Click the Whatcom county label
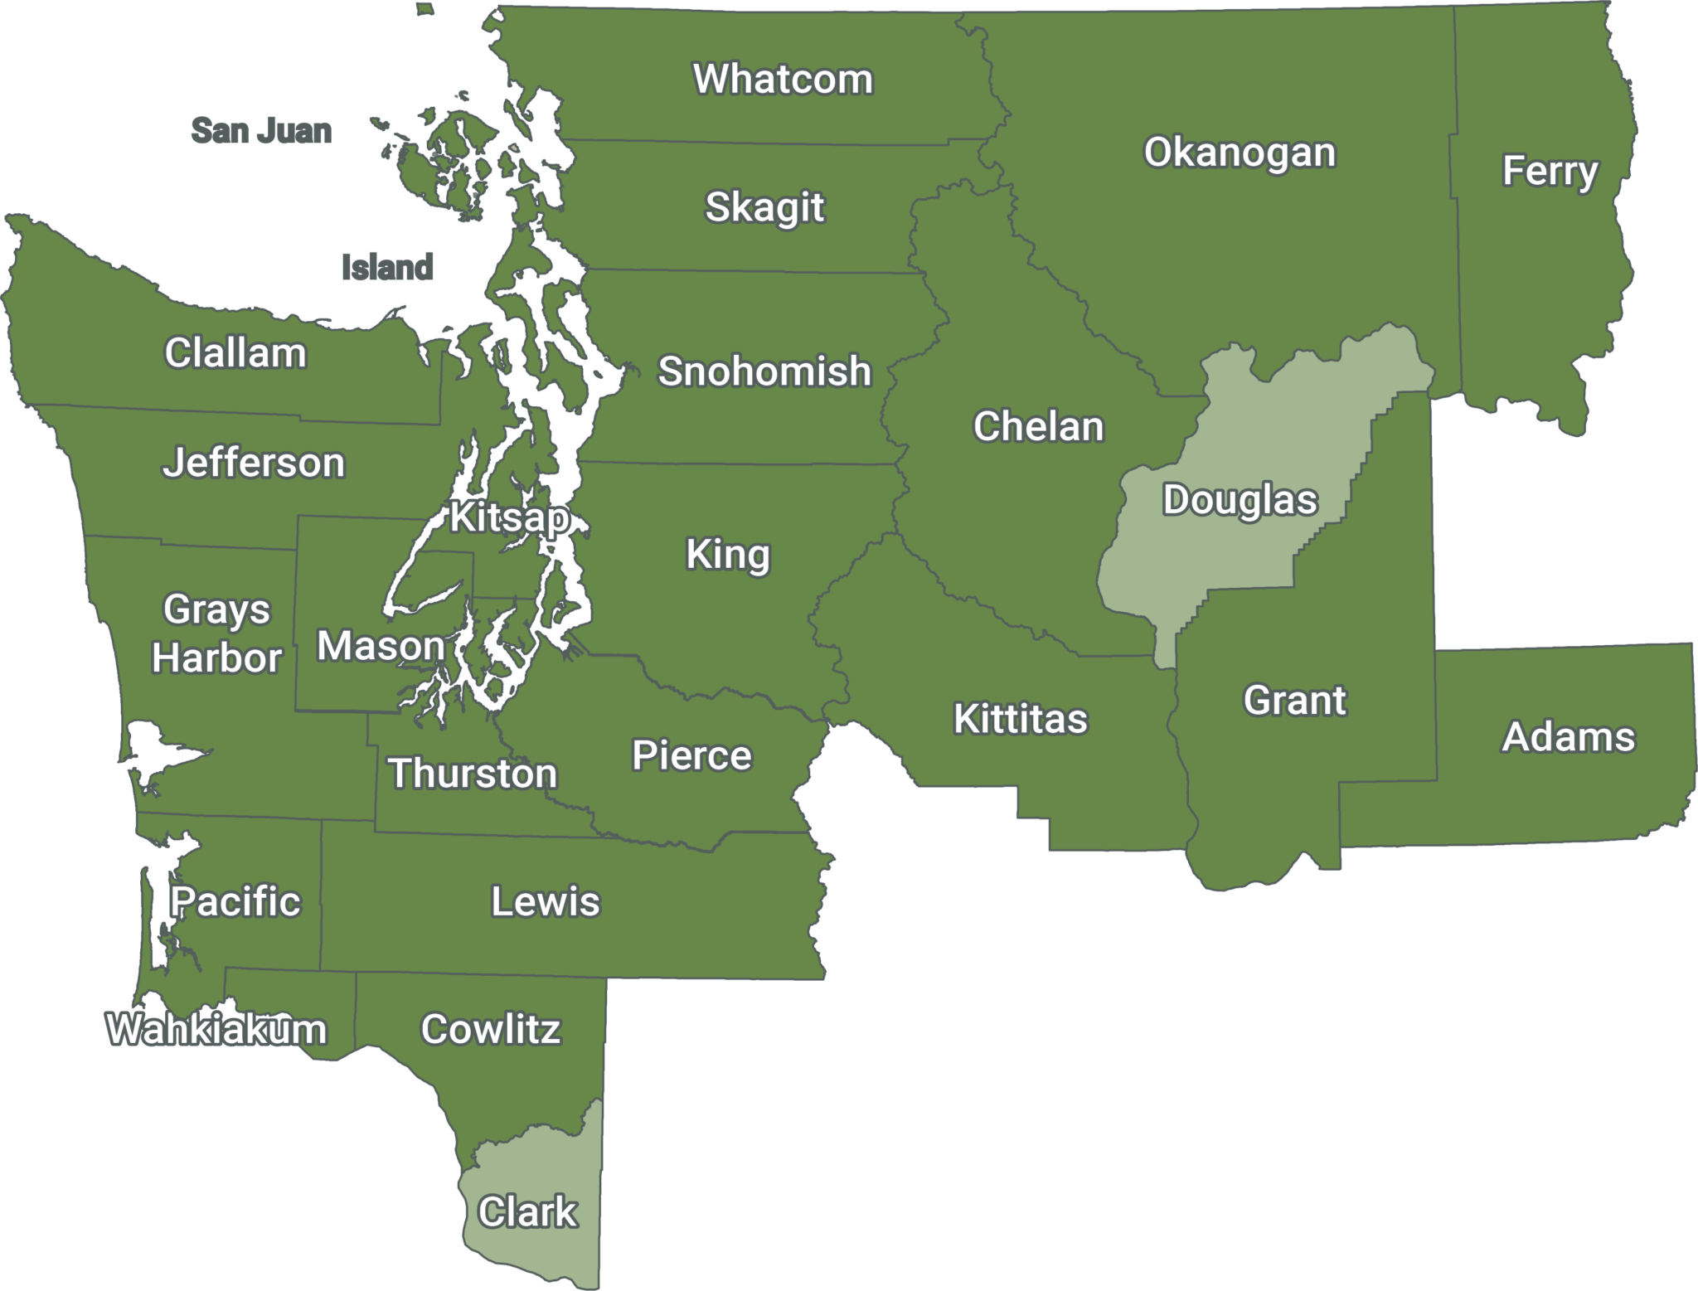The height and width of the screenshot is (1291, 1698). point(783,80)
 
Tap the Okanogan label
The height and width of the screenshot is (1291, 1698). point(1240,153)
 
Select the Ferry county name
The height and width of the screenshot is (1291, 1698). point(1550,172)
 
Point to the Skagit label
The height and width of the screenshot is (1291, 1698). point(764,207)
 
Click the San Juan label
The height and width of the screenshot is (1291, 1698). point(261,131)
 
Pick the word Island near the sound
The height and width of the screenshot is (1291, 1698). point(387,267)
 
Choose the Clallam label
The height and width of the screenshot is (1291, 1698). point(235,353)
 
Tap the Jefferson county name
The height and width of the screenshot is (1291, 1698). point(253,463)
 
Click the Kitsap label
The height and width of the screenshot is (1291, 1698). point(509,518)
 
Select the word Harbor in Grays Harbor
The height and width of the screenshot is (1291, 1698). point(217,658)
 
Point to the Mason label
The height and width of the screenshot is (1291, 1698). point(381,646)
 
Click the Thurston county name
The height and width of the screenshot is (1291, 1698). point(473,774)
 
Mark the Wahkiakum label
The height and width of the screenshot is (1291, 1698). point(216,1030)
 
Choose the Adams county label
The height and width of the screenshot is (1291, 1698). point(1569,737)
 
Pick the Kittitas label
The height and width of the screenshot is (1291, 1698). point(1020,719)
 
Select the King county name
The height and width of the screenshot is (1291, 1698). point(728,555)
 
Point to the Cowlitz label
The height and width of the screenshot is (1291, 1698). point(491,1030)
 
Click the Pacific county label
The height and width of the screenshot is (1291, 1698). point(235,902)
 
